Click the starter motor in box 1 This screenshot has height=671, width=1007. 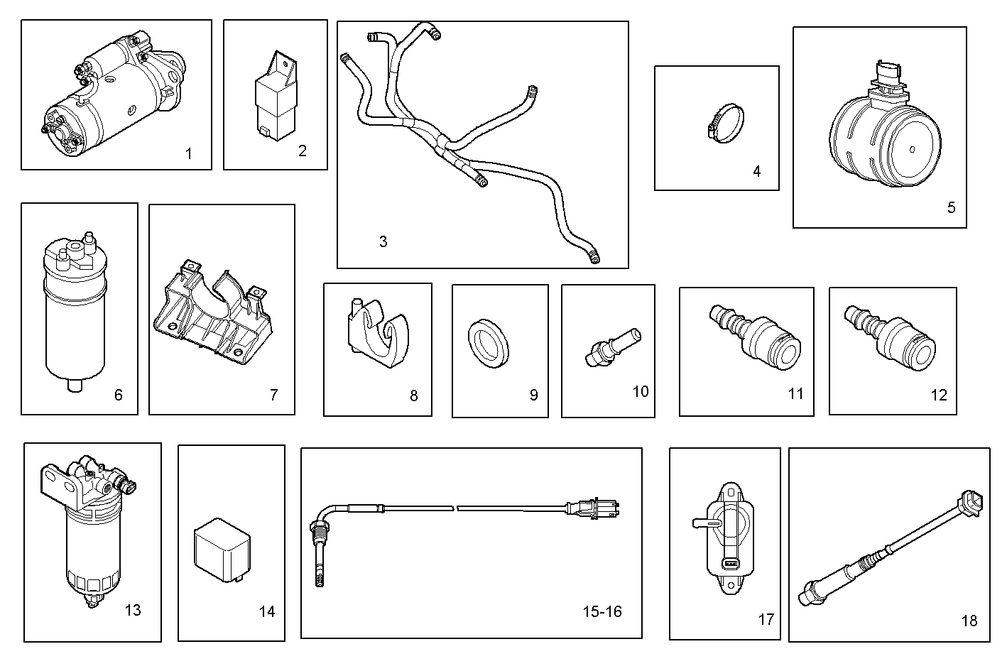click(x=114, y=92)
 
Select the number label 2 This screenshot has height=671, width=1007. click(x=303, y=151)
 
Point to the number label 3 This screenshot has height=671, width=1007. click(x=383, y=241)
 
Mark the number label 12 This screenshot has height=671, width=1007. click(x=939, y=395)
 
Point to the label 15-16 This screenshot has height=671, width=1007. click(x=602, y=611)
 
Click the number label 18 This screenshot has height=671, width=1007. click(x=969, y=621)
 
